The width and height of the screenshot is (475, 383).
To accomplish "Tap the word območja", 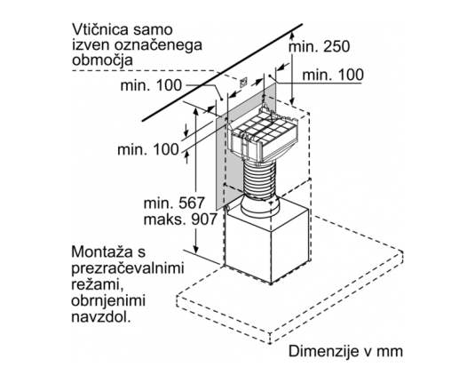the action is (102, 60).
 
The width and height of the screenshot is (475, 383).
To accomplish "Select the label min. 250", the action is (320, 46).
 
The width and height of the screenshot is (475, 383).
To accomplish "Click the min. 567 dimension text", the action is (174, 203).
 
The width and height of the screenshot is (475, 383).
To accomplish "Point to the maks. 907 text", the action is (180, 219).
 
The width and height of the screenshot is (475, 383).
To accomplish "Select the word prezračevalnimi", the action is (128, 268).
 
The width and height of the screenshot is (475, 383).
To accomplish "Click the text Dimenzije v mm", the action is (345, 351).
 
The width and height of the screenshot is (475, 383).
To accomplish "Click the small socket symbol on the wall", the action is (243, 82).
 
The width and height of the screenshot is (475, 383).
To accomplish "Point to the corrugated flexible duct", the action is (259, 180).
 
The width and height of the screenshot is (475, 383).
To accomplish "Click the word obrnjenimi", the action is (108, 301).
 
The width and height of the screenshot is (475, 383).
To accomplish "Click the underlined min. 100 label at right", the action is (333, 75).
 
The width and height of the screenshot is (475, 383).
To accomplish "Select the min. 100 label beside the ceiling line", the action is (151, 85).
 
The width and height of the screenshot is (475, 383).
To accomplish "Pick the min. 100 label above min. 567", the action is (148, 150).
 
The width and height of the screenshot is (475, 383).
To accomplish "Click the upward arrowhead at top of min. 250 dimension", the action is (291, 36).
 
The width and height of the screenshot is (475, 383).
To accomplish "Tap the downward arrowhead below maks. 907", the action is (196, 250).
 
